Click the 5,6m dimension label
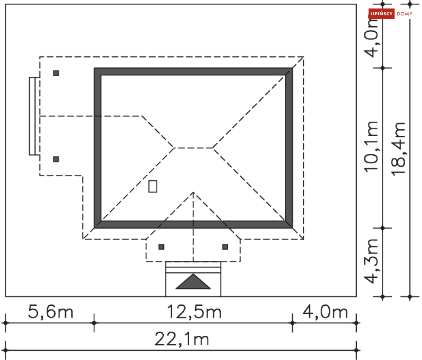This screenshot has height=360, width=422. tap(50, 312)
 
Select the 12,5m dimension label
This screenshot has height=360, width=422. tap(194, 312)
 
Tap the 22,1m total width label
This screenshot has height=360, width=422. tap(182, 339)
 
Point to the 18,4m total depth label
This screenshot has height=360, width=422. tap(398, 149)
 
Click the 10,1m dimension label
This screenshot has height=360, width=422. tap(371, 147)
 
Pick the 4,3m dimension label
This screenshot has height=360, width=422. tap(371, 261)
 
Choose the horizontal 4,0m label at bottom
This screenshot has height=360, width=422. tap(325, 312)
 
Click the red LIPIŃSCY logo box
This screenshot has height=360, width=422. tap(381, 14)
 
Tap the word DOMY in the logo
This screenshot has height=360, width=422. tap(405, 14)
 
